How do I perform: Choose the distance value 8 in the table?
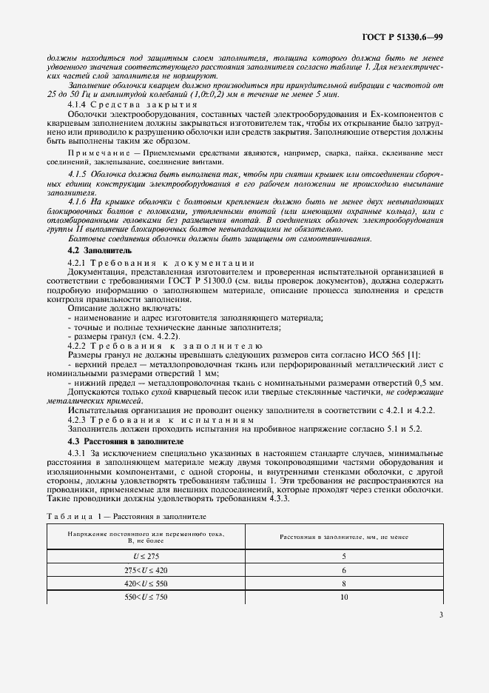(343, 583)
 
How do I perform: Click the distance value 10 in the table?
(343, 596)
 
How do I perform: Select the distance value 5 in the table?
(343, 555)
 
